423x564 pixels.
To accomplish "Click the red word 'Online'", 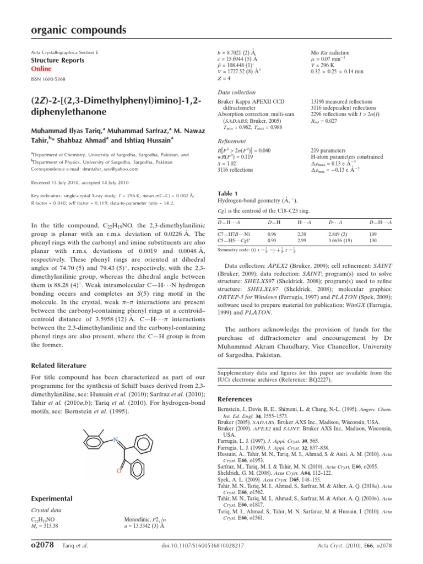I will coord(41,69).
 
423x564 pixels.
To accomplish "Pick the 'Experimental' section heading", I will coord(52,498).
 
